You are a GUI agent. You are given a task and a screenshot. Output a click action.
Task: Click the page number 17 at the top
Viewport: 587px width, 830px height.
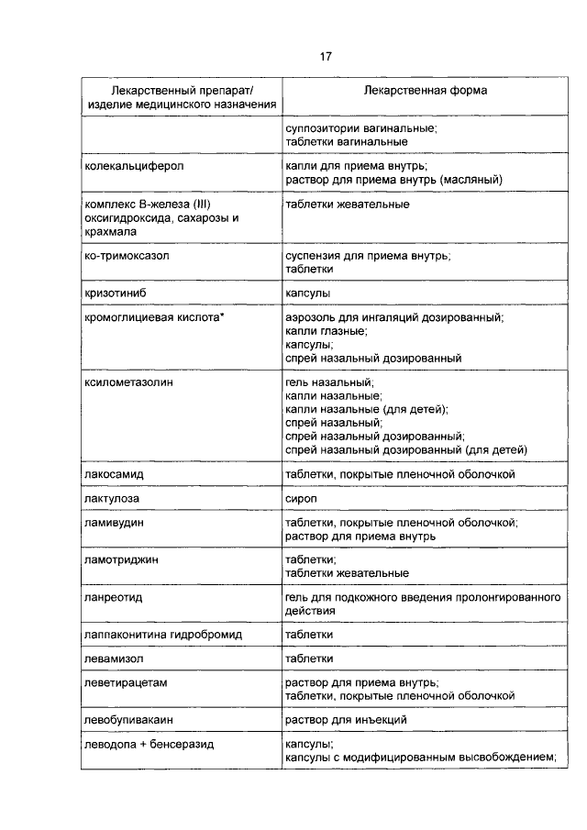[x=325, y=57]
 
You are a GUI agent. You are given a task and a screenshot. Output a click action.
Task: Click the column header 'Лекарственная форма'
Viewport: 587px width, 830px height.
[x=425, y=92]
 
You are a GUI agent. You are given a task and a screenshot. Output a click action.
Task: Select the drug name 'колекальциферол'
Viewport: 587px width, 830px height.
[x=134, y=167]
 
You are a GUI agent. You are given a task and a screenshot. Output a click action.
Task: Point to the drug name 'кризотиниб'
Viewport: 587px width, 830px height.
[x=116, y=293]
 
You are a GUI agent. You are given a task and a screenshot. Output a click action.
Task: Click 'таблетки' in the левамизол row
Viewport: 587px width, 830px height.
[x=308, y=658]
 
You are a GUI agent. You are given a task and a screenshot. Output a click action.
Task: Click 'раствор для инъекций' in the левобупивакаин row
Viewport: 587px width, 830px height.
[x=346, y=721]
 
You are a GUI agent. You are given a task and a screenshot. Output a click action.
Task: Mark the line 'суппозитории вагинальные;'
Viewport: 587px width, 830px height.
[x=360, y=128]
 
